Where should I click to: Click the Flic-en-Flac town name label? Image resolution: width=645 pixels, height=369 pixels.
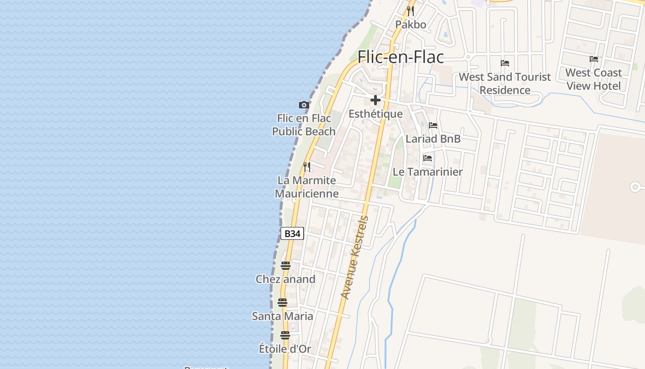tap(401, 57)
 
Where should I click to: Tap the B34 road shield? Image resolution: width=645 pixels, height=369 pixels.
tap(292, 233)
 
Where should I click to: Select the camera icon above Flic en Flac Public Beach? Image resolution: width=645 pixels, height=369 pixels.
tap(304, 105)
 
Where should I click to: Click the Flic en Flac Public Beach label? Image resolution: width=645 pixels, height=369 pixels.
tap(304, 125)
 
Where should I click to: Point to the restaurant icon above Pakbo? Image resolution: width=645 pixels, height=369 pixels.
tap(410, 11)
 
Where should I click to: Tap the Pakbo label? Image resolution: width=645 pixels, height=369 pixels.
tap(410, 24)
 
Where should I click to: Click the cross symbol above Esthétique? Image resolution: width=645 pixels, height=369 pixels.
tap(375, 100)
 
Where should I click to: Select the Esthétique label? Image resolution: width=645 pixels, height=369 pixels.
tap(375, 114)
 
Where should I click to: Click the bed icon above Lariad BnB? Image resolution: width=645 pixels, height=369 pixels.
tap(433, 125)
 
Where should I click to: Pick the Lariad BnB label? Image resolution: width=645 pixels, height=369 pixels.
tap(433, 139)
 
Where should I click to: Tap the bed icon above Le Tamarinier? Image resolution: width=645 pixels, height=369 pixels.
tap(428, 158)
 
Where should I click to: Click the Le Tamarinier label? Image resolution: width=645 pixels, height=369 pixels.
tap(428, 172)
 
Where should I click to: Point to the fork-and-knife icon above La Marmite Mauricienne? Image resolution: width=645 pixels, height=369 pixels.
tap(307, 167)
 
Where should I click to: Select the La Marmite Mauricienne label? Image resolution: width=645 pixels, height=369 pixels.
tap(307, 187)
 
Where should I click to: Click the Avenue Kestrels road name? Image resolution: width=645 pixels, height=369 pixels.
tap(354, 257)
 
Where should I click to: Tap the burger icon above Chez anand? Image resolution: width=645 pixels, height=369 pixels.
tap(286, 266)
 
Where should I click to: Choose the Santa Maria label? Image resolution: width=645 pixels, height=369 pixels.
tap(282, 316)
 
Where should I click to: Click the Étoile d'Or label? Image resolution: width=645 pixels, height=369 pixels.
tap(285, 349)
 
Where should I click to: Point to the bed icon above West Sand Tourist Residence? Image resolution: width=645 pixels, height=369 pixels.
tap(505, 63)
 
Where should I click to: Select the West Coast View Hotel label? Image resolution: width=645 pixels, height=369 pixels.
tap(593, 79)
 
